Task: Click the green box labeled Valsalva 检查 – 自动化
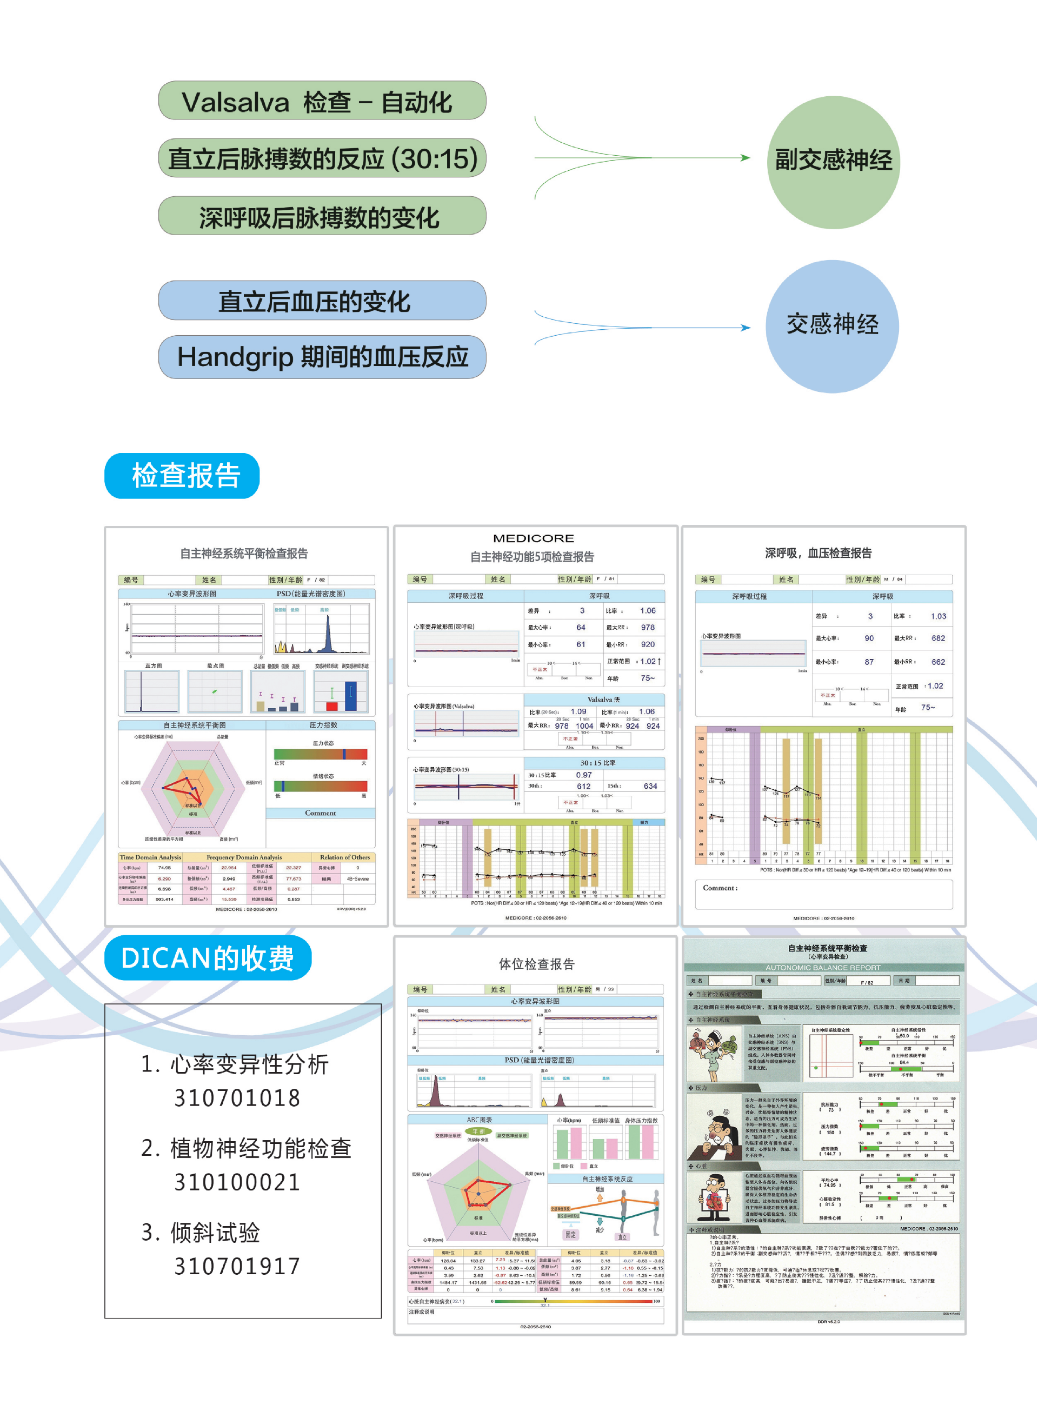(x=322, y=101)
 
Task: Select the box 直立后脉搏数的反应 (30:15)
(x=322, y=158)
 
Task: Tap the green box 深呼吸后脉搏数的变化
(x=322, y=216)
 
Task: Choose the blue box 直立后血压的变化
(x=322, y=301)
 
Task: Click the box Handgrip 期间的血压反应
(x=322, y=357)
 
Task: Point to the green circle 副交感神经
(x=833, y=162)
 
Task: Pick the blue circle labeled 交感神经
(x=832, y=326)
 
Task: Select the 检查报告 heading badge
(x=182, y=476)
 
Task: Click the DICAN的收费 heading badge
(x=208, y=957)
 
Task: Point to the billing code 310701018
(x=237, y=1097)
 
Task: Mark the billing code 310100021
(x=237, y=1182)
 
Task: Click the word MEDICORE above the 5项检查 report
(x=534, y=538)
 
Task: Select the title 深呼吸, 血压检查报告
(x=818, y=553)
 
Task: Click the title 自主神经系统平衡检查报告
(x=244, y=554)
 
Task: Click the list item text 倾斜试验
(x=215, y=1232)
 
